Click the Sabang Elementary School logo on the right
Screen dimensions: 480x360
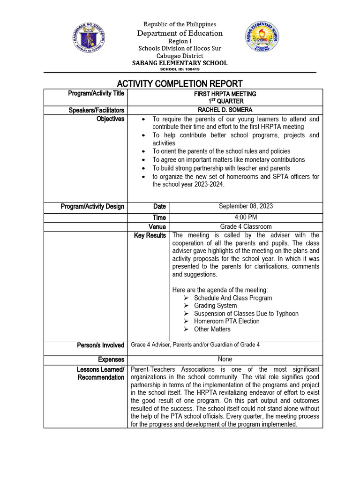(262, 38)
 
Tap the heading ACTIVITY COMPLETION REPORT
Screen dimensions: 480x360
(180, 83)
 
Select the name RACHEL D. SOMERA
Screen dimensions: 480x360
(225, 110)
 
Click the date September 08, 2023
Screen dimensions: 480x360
(246, 206)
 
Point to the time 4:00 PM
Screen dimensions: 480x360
(246, 217)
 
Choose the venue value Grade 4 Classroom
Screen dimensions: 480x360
(246, 226)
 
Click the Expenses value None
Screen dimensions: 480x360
(225, 359)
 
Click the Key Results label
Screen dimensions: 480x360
(150, 235)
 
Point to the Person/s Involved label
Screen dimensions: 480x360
(100, 345)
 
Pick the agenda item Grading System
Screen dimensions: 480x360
(215, 306)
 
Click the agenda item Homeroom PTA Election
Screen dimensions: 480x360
(227, 321)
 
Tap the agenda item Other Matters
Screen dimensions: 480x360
(212, 329)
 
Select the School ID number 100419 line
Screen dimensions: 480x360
(180, 69)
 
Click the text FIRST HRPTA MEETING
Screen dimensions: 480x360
(225, 94)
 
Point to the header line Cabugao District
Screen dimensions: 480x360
(180, 55)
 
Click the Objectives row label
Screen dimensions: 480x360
(110, 119)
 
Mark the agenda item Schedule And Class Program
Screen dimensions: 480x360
(233, 298)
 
